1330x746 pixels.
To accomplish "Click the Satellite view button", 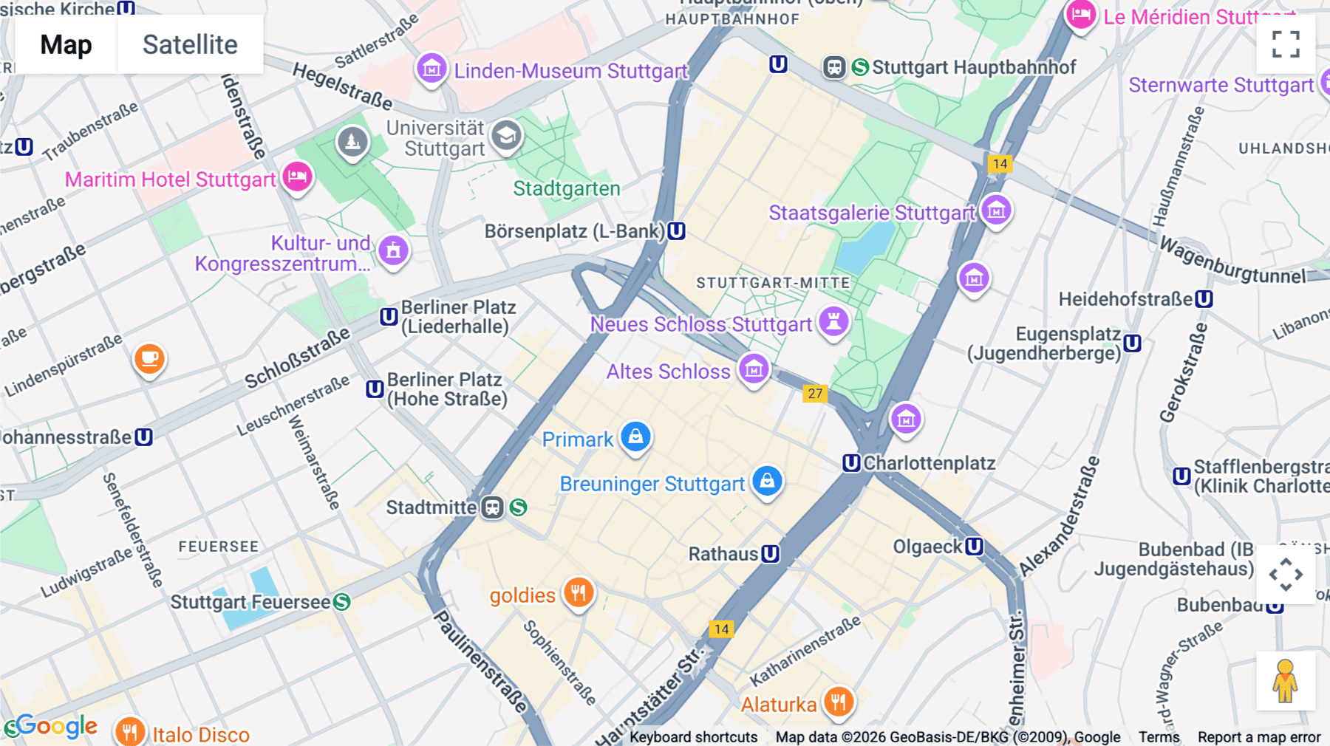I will pyautogui.click(x=190, y=44).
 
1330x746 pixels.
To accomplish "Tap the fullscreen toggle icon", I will pyautogui.click(x=1286, y=44).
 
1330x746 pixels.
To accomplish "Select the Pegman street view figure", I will pyautogui.click(x=1285, y=681).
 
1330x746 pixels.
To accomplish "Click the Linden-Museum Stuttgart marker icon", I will pyautogui.click(x=432, y=69).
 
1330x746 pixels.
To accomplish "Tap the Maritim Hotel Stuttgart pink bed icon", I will pyautogui.click(x=297, y=177).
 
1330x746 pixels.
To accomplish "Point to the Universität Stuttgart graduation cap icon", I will pyautogui.click(x=506, y=136).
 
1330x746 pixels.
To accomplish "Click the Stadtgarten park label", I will pyautogui.click(x=567, y=189).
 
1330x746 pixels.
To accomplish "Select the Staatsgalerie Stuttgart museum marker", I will pyautogui.click(x=996, y=211).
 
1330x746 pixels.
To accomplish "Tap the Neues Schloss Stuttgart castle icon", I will pyautogui.click(x=833, y=322).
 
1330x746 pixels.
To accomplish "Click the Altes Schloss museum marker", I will pyautogui.click(x=754, y=369).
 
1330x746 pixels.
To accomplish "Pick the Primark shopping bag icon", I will pyautogui.click(x=635, y=437).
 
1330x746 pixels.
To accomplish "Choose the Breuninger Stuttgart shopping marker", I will pyautogui.click(x=767, y=482).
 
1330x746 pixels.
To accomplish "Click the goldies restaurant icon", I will pyautogui.click(x=579, y=593).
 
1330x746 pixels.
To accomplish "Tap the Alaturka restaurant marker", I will pyautogui.click(x=838, y=702).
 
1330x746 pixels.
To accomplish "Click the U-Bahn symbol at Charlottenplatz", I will pyautogui.click(x=851, y=463).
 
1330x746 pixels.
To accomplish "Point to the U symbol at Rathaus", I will pyautogui.click(x=771, y=554).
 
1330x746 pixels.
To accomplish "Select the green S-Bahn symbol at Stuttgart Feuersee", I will pyautogui.click(x=341, y=602).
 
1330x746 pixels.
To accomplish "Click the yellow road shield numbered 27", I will pyautogui.click(x=815, y=394).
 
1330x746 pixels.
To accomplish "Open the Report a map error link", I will pyautogui.click(x=1259, y=737).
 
